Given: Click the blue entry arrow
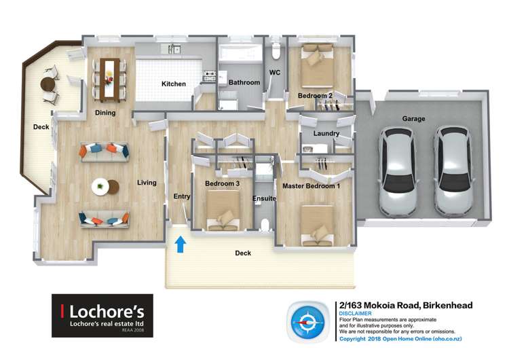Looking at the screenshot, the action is coord(181,245).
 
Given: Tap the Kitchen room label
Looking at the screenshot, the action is coord(174,84).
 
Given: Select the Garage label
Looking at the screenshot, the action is coord(413,119).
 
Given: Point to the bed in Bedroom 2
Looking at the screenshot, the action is coord(318,66).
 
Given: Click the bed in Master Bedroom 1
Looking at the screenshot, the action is coord(317,226).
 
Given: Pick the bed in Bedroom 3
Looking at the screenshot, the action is coord(223,210).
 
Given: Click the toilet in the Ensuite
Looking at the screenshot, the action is coord(265,226).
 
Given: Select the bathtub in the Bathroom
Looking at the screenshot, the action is coord(240,53).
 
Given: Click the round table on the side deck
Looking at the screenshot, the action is coord(48,84).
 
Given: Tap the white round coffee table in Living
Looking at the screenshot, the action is coord(100,187).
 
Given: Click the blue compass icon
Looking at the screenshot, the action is coord(307,322).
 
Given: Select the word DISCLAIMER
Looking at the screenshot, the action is coord(355,314).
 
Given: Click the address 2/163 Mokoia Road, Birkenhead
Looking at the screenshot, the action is coord(406,306).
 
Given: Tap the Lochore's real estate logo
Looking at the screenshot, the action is coord(102,315).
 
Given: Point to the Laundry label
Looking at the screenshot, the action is coord(326,133).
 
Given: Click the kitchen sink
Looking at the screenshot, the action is coord(174,50).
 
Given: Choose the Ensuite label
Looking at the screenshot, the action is coord(264,198).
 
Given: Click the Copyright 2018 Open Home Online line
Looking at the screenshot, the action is coord(400,339).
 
